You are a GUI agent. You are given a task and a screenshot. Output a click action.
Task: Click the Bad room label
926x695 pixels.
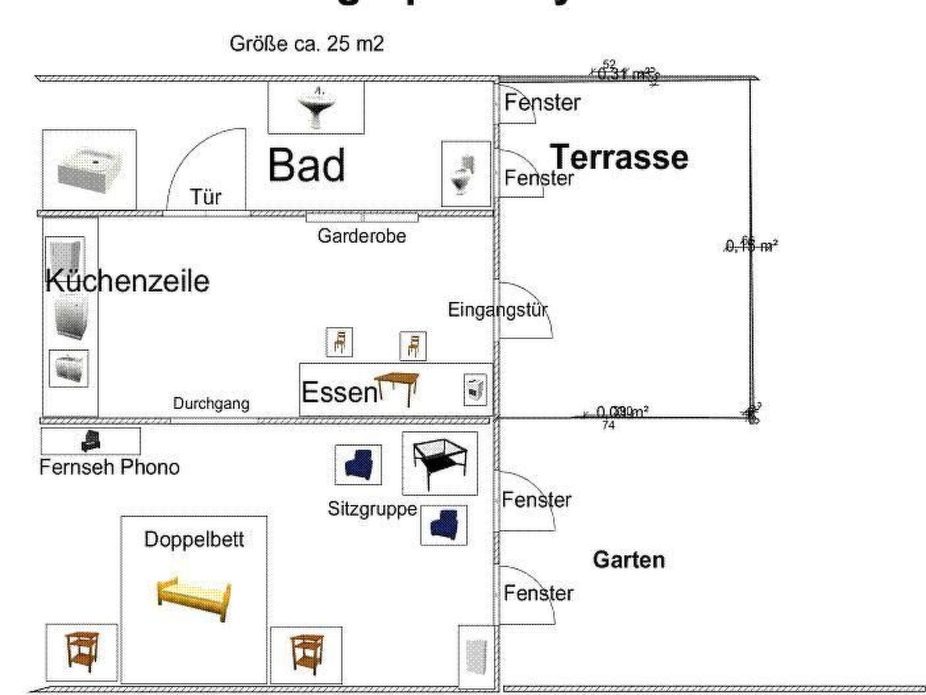(x=307, y=165)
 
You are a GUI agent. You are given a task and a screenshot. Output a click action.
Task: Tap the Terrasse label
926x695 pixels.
(x=619, y=157)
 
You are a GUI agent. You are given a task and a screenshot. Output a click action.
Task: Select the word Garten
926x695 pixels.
(x=628, y=560)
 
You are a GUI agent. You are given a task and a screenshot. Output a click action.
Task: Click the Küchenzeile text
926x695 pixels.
(x=128, y=281)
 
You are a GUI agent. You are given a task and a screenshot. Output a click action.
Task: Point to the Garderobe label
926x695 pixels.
(x=361, y=236)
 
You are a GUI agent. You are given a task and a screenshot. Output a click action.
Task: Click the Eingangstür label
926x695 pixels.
(x=497, y=310)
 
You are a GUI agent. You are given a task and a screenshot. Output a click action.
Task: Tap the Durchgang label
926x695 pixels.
(x=211, y=404)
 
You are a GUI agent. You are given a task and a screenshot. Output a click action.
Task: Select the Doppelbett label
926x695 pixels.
(x=194, y=539)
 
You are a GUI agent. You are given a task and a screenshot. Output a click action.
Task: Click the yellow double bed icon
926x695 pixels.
(x=194, y=597)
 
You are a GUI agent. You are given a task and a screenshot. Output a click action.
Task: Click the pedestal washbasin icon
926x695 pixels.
(x=316, y=106)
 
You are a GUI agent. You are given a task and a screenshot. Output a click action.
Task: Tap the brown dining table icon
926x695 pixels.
(x=397, y=387)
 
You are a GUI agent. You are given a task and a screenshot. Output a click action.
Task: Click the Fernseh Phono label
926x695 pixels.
(x=109, y=467)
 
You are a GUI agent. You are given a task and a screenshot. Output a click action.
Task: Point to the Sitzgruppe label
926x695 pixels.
(x=372, y=509)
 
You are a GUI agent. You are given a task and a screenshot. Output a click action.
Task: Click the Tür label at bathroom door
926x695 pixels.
(x=206, y=197)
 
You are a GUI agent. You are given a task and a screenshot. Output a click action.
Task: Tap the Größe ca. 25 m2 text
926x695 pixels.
(x=307, y=44)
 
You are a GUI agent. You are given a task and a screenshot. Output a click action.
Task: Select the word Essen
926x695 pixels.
(x=339, y=392)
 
